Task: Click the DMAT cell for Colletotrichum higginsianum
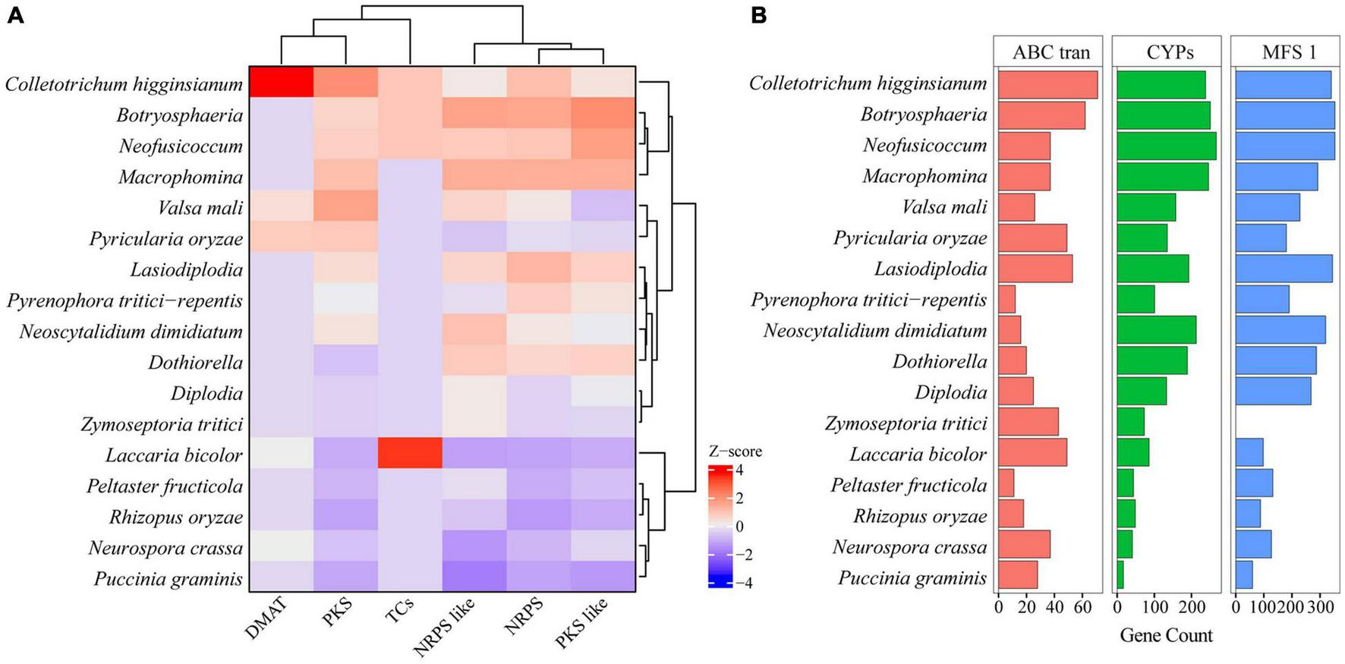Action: pos(282,82)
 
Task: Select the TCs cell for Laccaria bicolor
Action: pos(410,454)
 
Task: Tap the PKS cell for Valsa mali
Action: pos(346,206)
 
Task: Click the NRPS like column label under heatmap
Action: pos(445,628)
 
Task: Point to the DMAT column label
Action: pos(266,618)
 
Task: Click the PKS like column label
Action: pos(582,623)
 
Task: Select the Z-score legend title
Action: pos(734,452)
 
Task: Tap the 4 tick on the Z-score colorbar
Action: pos(739,470)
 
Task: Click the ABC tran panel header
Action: pos(1050,52)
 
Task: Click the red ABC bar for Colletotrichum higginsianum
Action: pos(1047,84)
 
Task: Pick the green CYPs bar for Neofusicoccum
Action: pos(1166,146)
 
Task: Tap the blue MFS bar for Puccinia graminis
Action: pos(1244,575)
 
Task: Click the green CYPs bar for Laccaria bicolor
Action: pos(1132,452)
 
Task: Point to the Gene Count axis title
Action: pos(1166,635)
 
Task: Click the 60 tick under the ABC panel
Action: pos(1082,608)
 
